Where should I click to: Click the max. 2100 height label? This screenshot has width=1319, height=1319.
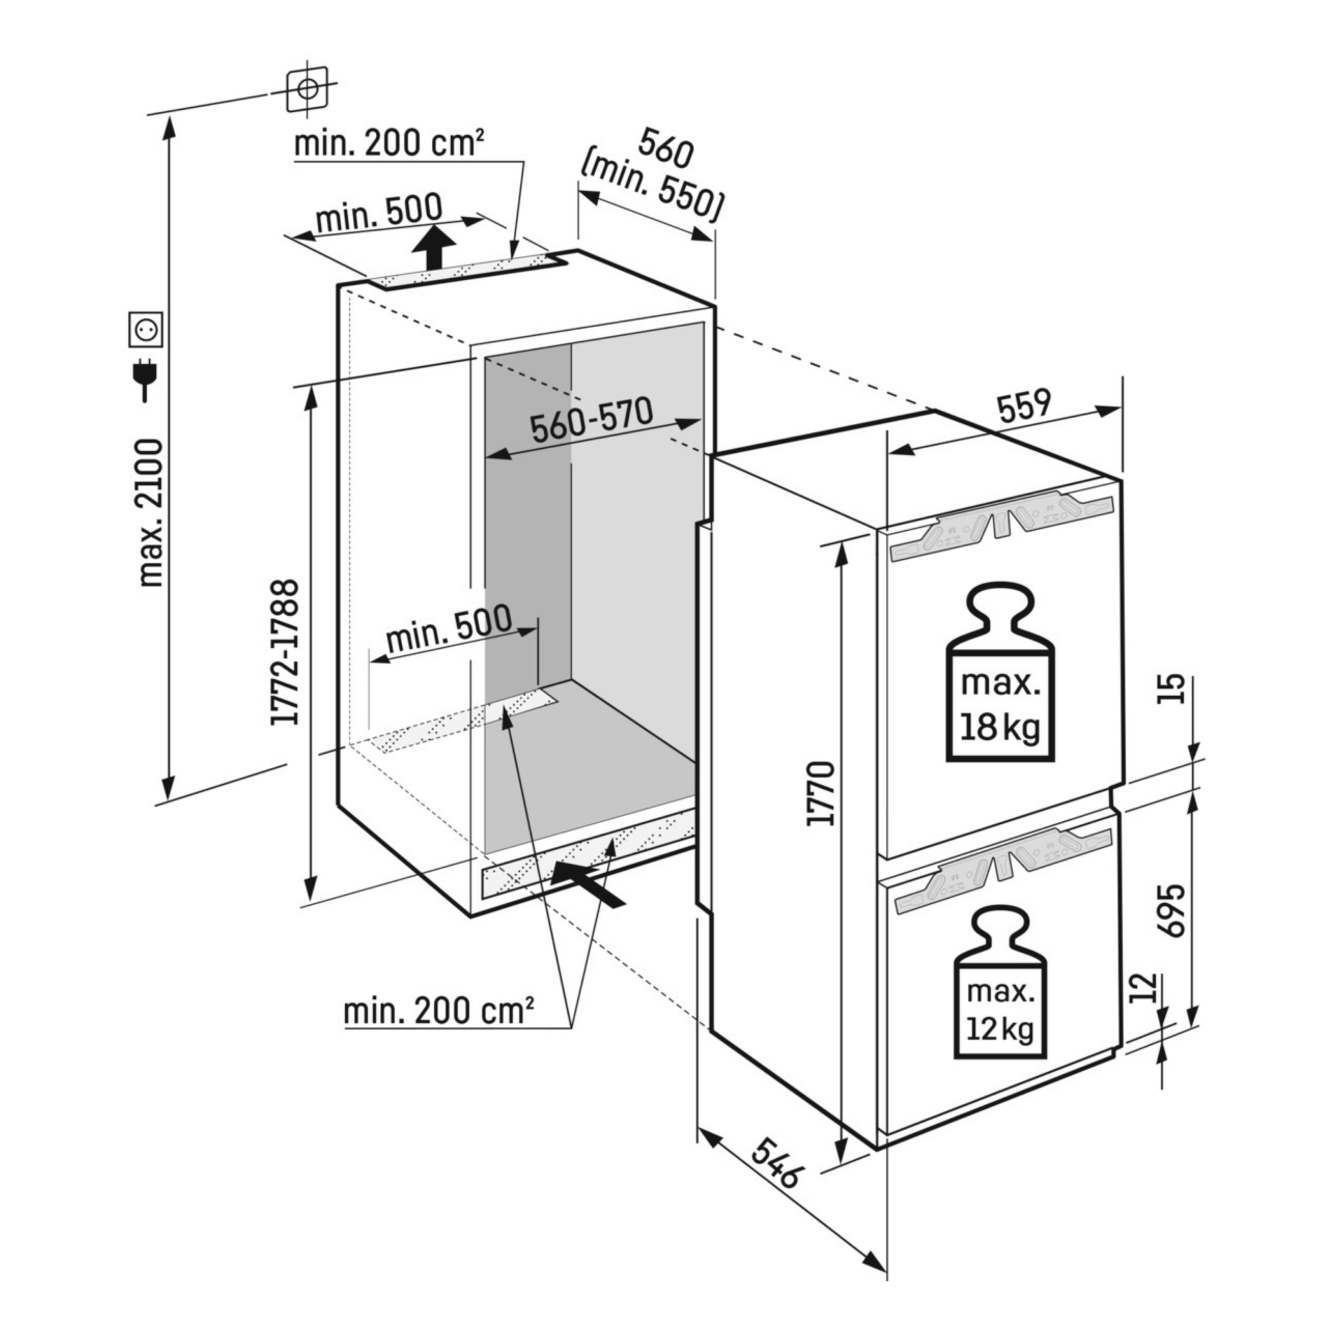tap(151, 513)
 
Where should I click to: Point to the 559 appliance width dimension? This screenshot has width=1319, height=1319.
tap(1024, 405)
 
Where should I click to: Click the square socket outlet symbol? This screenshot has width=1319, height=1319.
tap(145, 330)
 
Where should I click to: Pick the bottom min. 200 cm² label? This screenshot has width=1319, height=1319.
tap(439, 1010)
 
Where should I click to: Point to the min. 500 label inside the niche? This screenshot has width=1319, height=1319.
tap(449, 628)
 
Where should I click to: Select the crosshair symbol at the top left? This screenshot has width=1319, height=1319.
tap(307, 88)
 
